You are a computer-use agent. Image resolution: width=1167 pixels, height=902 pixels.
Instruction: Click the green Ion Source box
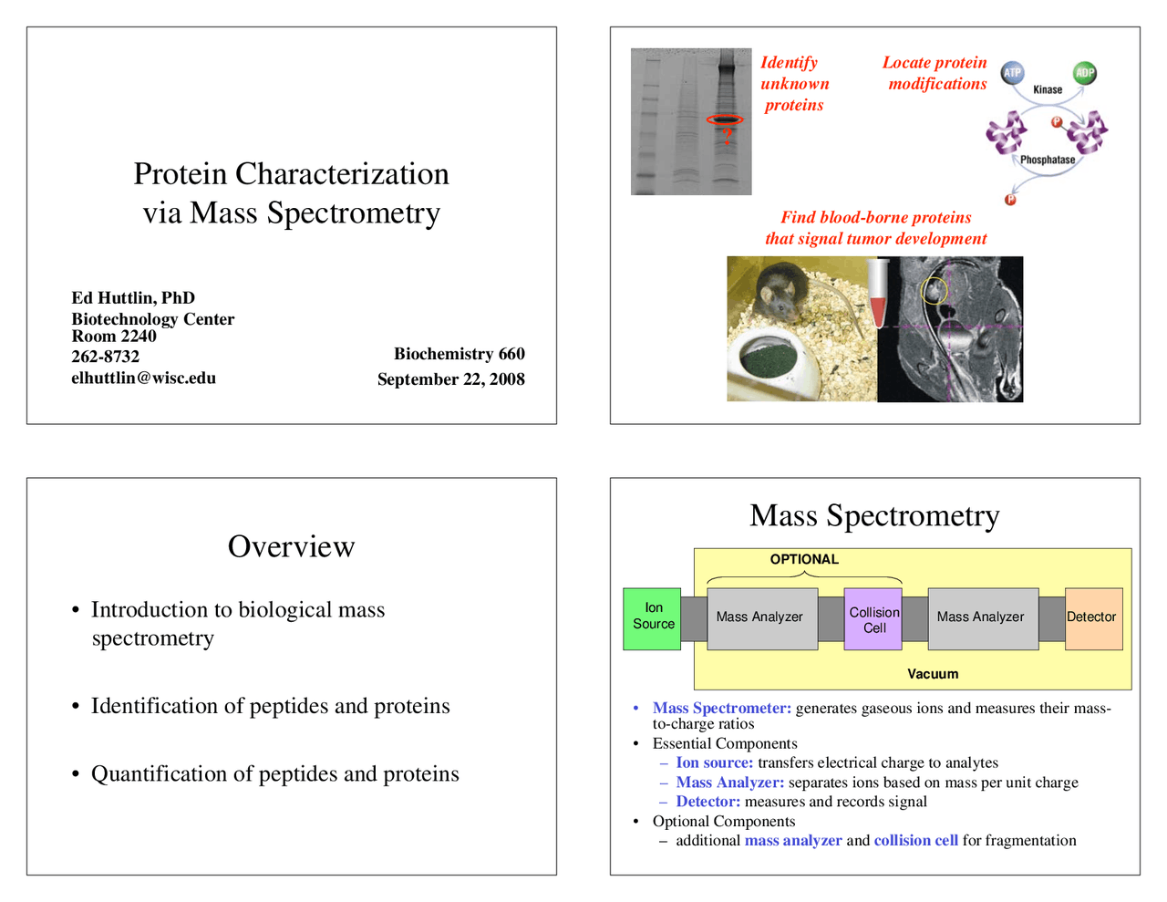point(652,618)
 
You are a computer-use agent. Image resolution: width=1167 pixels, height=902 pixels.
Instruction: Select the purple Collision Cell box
point(873,619)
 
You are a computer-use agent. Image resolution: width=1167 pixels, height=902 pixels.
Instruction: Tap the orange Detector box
point(1093,618)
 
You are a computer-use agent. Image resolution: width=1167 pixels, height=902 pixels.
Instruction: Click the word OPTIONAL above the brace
point(804,559)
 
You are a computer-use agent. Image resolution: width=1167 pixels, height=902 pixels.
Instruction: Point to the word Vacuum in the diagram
point(933,674)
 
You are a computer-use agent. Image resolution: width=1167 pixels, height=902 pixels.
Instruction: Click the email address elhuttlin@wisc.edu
point(144,378)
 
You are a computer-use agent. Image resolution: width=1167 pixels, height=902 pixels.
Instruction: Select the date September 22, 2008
point(450,379)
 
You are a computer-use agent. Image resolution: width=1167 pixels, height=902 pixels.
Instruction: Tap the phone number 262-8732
point(106,357)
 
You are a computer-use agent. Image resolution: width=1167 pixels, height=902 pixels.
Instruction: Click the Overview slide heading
point(291,546)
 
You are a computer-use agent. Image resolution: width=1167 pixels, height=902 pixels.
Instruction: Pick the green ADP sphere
point(1084,73)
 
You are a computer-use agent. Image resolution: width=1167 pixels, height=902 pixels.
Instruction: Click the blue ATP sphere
point(1012,73)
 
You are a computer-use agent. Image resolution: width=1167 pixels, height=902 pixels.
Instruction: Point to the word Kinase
point(1048,89)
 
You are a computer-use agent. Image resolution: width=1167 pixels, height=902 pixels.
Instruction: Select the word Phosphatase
point(1048,160)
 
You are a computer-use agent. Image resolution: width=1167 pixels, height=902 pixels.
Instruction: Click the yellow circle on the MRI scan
point(935,290)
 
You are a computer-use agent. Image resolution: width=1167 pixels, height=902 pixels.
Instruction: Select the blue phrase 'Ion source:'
point(715,762)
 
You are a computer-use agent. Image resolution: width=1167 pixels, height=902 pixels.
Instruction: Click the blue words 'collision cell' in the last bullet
point(915,840)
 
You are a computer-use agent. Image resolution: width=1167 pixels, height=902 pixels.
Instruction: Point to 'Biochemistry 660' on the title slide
point(459,354)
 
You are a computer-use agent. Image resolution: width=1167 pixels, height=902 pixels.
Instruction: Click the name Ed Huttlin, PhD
point(133,298)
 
